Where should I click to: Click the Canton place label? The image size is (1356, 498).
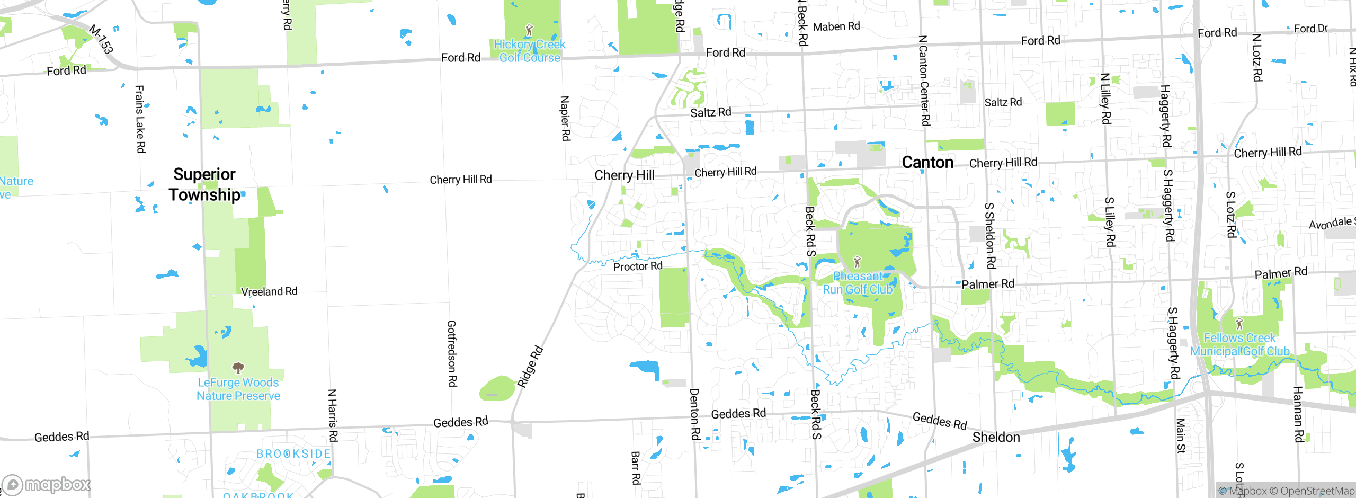(x=927, y=163)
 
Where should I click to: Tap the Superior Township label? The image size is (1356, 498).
(x=205, y=184)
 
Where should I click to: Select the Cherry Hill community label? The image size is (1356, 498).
(x=624, y=175)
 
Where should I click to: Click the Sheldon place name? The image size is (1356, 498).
(x=996, y=438)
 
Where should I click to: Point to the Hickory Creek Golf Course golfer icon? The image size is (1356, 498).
(x=529, y=30)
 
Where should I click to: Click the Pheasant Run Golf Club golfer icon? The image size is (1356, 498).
(x=857, y=262)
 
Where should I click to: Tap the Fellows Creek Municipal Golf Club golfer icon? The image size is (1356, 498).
(x=1239, y=323)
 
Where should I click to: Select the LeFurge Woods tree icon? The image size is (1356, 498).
(x=238, y=367)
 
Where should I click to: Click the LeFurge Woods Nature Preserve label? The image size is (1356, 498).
(x=238, y=389)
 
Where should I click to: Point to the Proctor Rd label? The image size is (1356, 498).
(x=638, y=266)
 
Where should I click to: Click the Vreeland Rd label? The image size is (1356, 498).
(x=269, y=291)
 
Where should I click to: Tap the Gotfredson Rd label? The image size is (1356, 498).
(x=452, y=353)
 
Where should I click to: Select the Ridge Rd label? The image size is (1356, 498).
(x=530, y=367)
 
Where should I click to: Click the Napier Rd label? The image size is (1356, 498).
(x=565, y=118)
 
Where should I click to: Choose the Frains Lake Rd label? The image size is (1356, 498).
(x=140, y=119)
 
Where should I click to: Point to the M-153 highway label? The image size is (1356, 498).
(x=101, y=39)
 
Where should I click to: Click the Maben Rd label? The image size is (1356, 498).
(x=836, y=26)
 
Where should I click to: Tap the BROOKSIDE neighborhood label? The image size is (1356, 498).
(x=293, y=454)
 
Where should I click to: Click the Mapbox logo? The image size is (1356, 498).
(x=47, y=485)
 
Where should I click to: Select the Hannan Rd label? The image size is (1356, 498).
(x=1298, y=414)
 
